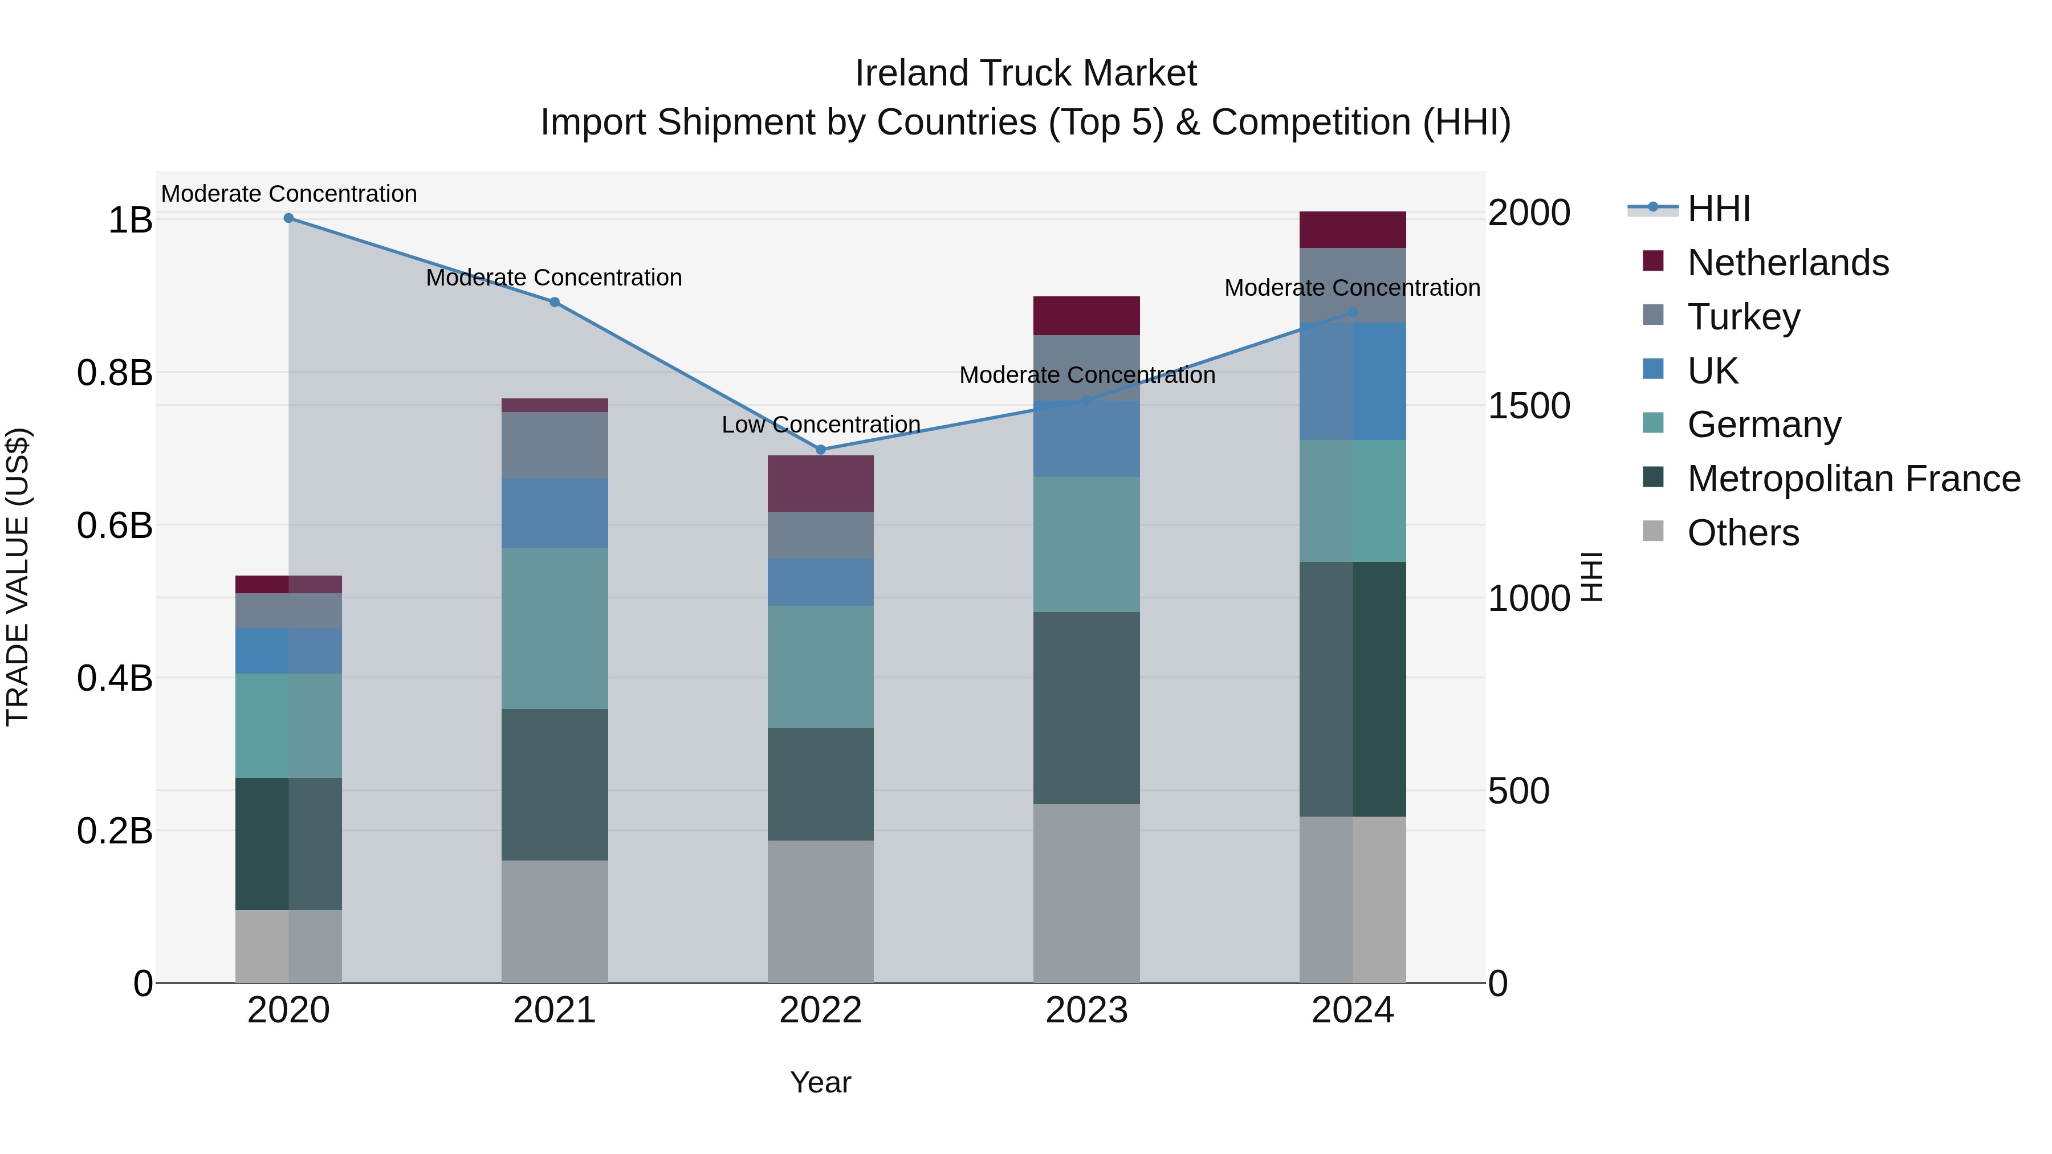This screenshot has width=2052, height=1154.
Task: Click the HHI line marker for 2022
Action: tap(820, 449)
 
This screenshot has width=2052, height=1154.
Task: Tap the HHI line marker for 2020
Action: tap(288, 218)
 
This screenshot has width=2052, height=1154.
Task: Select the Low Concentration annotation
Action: tap(820, 425)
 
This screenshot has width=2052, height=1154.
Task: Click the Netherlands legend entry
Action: tap(1787, 263)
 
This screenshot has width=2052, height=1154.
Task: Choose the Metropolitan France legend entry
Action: tap(1853, 479)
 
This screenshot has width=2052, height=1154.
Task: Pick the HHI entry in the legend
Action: tap(1718, 209)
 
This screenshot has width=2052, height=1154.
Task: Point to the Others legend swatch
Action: tap(1653, 531)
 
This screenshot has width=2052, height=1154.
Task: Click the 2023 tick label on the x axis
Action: tap(1086, 1010)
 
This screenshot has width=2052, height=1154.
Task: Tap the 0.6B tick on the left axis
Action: tap(114, 525)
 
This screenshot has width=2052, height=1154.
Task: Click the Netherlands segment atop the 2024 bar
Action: tap(1352, 229)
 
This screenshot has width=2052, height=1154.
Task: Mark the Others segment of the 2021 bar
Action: tap(555, 921)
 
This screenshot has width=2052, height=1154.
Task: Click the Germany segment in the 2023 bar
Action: tap(1086, 544)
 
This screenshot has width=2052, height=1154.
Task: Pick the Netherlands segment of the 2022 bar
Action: tap(820, 483)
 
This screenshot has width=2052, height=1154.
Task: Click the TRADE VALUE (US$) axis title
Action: tap(18, 577)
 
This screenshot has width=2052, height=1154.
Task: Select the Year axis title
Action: tap(820, 1082)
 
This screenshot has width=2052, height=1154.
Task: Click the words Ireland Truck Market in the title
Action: tap(1025, 74)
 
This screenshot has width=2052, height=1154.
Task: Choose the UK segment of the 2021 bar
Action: tap(555, 513)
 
